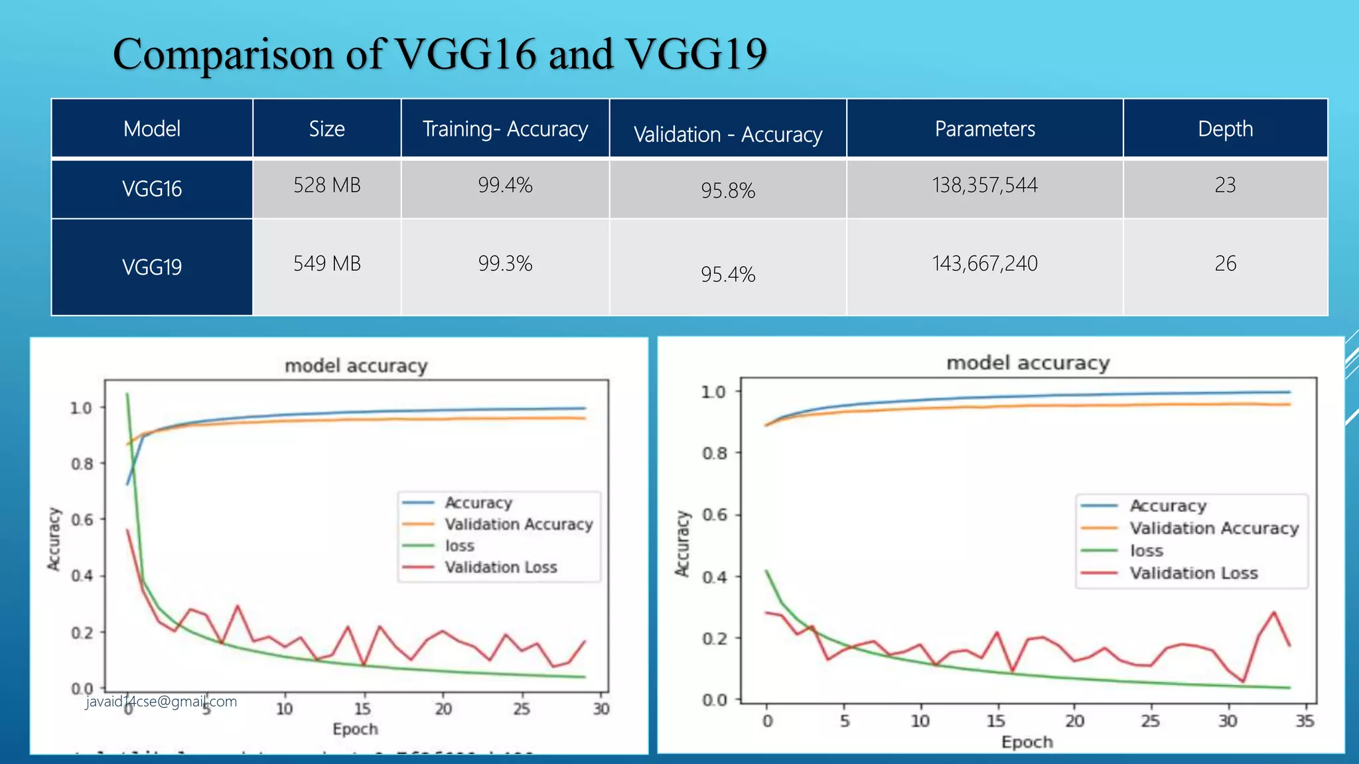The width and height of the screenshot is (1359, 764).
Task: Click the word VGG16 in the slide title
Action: pyautogui.click(x=465, y=54)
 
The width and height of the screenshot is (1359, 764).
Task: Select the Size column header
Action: pyautogui.click(x=326, y=129)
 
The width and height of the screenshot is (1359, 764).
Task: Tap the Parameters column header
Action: pyautogui.click(x=985, y=129)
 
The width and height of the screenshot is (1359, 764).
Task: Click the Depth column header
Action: pyautogui.click(x=1225, y=129)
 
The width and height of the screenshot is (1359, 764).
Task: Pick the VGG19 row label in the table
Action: pyautogui.click(x=152, y=267)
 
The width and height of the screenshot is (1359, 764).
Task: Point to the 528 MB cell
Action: pyautogui.click(x=326, y=185)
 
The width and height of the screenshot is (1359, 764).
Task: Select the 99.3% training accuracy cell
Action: pyautogui.click(x=505, y=264)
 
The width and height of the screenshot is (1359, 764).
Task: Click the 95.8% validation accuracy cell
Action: pyautogui.click(x=728, y=191)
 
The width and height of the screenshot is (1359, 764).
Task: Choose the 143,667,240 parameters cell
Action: pyautogui.click(x=985, y=264)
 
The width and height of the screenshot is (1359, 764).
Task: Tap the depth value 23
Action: pyautogui.click(x=1225, y=185)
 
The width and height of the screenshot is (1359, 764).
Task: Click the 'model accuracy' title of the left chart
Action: pyautogui.click(x=356, y=366)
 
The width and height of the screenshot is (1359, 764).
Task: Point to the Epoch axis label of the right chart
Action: pyautogui.click(x=1027, y=742)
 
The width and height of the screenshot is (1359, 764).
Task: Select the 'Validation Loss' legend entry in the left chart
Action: pyautogui.click(x=500, y=568)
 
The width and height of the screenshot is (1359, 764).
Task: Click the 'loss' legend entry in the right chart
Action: pyautogui.click(x=1146, y=551)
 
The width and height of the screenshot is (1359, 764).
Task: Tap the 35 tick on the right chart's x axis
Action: pyautogui.click(x=1305, y=721)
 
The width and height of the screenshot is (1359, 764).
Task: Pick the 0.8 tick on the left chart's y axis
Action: pyautogui.click(x=82, y=464)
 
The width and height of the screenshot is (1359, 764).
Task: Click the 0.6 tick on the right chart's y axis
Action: pyautogui.click(x=714, y=515)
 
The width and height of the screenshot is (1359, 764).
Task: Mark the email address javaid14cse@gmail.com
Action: pyautogui.click(x=161, y=702)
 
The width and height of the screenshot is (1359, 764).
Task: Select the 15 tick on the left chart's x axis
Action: pyautogui.click(x=362, y=709)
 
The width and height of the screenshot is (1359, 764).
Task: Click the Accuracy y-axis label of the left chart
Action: pyautogui.click(x=54, y=539)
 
